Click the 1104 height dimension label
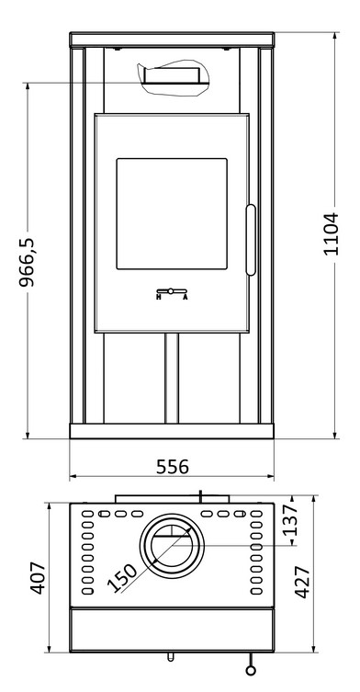tap(331, 233)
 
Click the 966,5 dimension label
tap(27, 262)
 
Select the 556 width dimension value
tap(172, 467)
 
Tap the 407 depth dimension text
tap(38, 578)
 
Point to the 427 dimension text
tap(303, 582)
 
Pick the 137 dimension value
tap(291, 520)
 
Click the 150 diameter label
tap(122, 578)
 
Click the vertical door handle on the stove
tap(251, 240)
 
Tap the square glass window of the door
tap(172, 213)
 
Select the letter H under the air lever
tap(158, 297)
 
